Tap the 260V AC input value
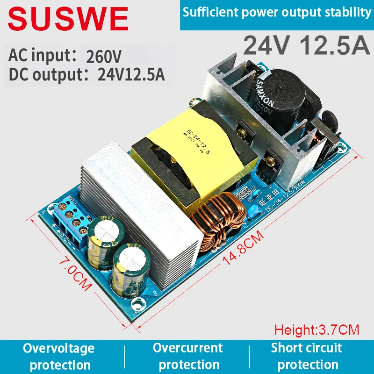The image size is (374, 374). (x=104, y=57)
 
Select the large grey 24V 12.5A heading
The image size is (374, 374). (x=307, y=45)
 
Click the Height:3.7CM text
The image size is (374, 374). (x=316, y=330)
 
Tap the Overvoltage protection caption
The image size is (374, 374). (x=59, y=356)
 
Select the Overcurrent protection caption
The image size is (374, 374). (x=187, y=356)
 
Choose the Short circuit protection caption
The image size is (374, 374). (x=307, y=356)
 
